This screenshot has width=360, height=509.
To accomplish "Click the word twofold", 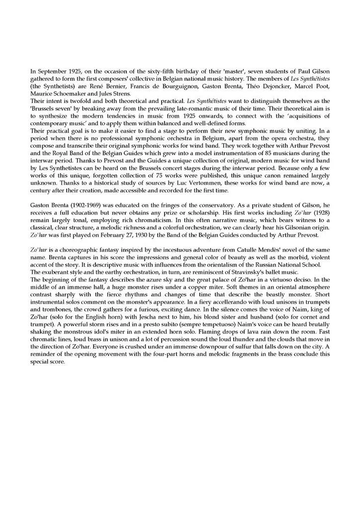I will coord(73,101).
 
